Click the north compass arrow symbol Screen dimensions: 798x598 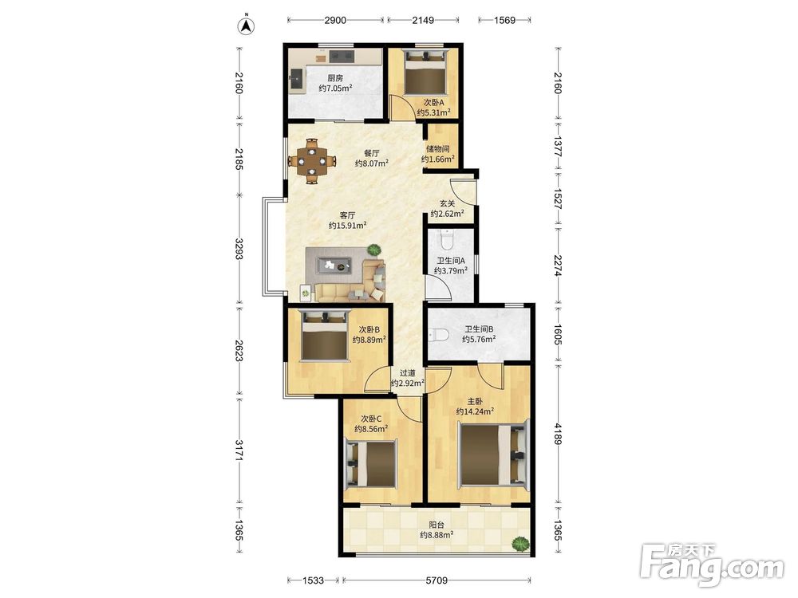pyautogui.click(x=247, y=26)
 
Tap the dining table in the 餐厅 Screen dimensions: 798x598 pyautogui.click(x=312, y=161)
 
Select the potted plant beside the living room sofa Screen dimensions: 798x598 pyautogui.click(x=374, y=250)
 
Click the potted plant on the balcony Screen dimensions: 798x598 pyautogui.click(x=520, y=545)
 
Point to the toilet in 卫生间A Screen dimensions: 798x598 pyautogui.click(x=447, y=239)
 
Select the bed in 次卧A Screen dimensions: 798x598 pyautogui.click(x=424, y=72)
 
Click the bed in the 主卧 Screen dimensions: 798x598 pyautogui.click(x=494, y=456)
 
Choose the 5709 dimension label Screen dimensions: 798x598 pyautogui.click(x=437, y=580)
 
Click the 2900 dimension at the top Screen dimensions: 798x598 pyautogui.click(x=335, y=21)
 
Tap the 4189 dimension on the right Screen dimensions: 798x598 pyautogui.click(x=559, y=434)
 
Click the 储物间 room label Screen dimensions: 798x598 pyautogui.click(x=437, y=149)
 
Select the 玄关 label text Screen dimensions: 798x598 pyautogui.click(x=448, y=203)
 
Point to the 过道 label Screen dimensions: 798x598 pyautogui.click(x=407, y=372)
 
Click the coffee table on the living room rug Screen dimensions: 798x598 pyautogui.click(x=334, y=265)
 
